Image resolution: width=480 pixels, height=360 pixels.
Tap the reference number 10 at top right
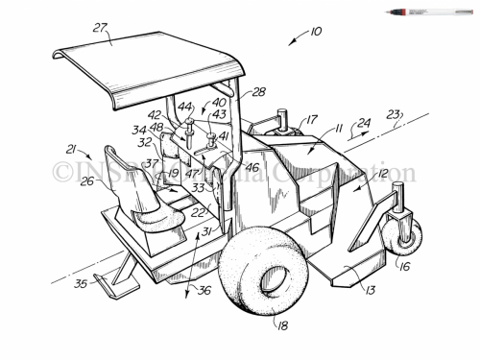point(316,33)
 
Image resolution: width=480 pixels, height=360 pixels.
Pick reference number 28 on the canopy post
point(258,92)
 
